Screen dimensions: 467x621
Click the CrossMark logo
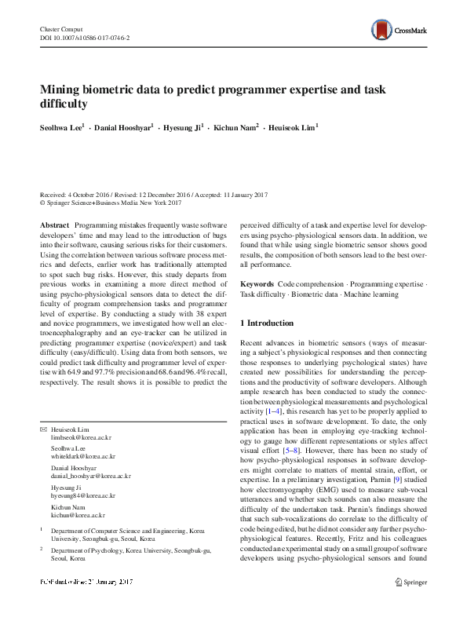coord(400,31)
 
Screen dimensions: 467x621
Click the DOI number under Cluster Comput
coord(85,38)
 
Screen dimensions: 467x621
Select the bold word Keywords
coord(257,283)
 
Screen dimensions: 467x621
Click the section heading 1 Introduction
coord(266,323)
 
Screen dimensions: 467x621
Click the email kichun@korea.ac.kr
coord(78,516)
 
